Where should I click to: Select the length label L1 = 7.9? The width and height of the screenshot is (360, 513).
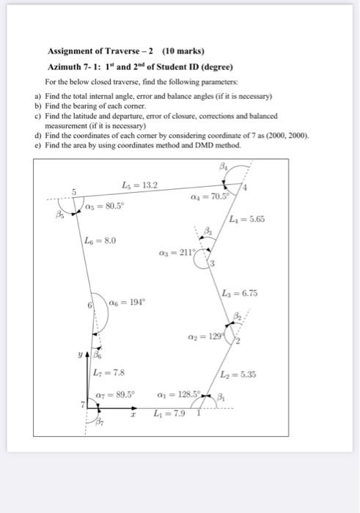(x=169, y=414)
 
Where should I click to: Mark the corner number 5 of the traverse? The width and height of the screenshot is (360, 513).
(x=73, y=191)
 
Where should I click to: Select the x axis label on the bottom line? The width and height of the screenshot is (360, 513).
(x=133, y=415)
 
